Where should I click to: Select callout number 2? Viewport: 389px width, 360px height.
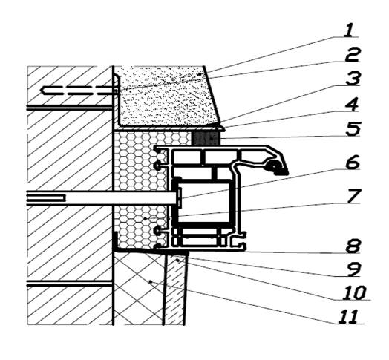352,56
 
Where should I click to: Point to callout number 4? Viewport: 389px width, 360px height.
352,105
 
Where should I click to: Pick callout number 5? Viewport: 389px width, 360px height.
353,129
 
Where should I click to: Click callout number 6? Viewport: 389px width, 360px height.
353,163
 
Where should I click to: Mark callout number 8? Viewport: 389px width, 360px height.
353,246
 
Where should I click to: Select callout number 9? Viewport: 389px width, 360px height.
353,269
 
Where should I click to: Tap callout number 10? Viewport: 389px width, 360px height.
354,293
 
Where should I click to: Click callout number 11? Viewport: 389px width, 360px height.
348,317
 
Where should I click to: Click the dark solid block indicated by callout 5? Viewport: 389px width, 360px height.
206,139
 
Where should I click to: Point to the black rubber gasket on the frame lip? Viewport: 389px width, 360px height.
275,168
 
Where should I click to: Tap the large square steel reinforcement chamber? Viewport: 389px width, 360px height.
203,203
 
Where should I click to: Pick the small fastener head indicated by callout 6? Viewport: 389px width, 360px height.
179,197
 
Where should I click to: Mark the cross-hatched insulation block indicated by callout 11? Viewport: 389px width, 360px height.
139,288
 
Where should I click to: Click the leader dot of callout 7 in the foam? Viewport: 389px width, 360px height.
146,218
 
